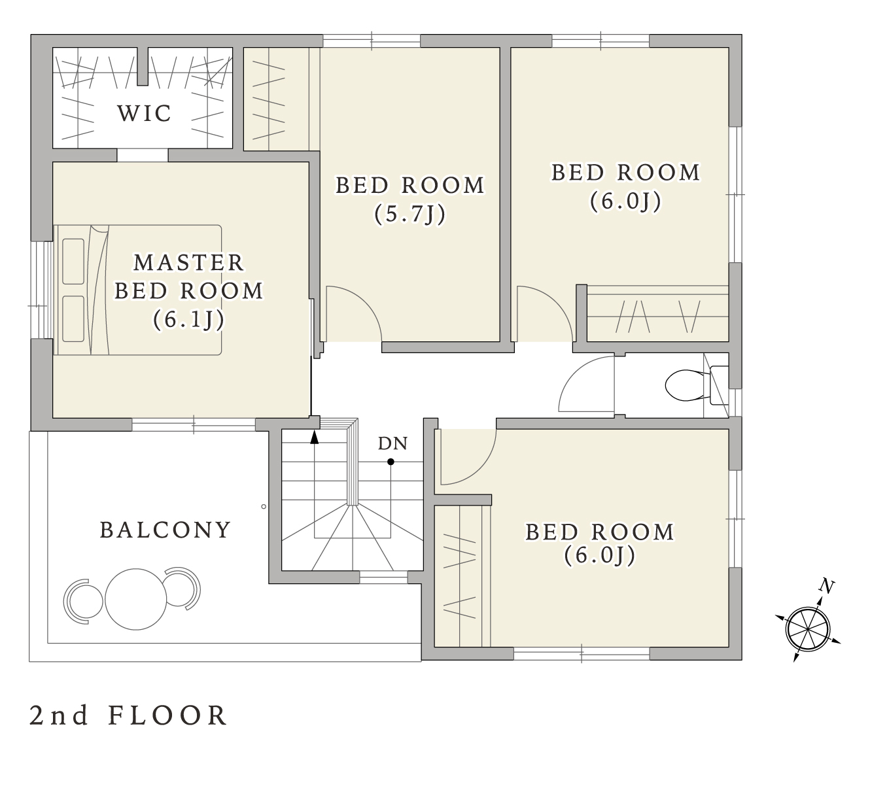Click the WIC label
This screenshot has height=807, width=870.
[x=144, y=114]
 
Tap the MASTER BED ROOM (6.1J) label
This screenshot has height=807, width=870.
[x=189, y=291]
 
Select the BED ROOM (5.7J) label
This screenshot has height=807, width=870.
[x=410, y=199]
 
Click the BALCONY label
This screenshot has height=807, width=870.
[x=165, y=530]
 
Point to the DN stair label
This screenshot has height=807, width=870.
[x=393, y=443]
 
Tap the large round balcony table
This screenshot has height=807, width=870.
[x=136, y=599]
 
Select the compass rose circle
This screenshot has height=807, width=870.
[x=809, y=629]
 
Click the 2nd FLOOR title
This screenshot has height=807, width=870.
[x=128, y=715]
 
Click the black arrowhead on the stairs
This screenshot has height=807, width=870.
[x=314, y=438]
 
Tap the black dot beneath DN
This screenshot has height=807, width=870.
[x=391, y=462]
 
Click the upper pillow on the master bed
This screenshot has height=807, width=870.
[x=73, y=262]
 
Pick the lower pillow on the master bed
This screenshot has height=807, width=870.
[x=73, y=319]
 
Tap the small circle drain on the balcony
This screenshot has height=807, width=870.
[x=264, y=507]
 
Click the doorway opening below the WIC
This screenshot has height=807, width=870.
[x=143, y=155]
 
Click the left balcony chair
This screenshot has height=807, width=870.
[x=82, y=602]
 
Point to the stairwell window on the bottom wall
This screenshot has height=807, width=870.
[x=383, y=577]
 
